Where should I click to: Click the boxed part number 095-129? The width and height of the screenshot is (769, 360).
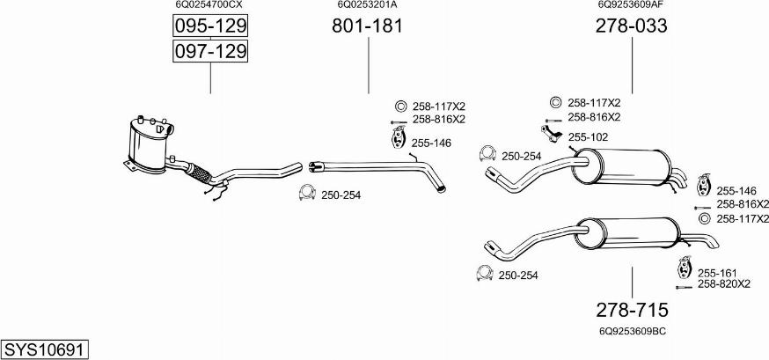210,26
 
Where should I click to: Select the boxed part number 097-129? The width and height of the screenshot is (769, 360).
210,51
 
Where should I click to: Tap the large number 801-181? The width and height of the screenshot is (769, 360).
367,26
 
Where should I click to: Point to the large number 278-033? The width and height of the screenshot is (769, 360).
631,26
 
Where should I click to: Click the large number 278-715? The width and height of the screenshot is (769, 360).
632,310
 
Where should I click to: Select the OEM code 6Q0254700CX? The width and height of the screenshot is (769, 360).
209,5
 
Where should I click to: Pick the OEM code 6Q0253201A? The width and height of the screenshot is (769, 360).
367,5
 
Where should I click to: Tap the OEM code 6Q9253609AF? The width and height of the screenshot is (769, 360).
631,5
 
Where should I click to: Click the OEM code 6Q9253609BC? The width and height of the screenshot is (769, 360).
632,331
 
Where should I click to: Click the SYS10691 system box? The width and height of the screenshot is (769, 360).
45,349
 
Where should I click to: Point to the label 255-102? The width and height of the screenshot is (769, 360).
588,137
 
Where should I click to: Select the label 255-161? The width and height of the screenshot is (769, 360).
717,273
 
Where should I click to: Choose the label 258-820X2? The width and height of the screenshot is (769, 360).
724,283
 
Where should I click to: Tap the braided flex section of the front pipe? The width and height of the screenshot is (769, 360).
200,173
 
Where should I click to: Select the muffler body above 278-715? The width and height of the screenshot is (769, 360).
627,233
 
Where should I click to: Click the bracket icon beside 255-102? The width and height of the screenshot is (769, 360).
553,134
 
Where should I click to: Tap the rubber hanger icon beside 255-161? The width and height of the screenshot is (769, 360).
684,267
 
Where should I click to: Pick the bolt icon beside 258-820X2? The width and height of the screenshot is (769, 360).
684,288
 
